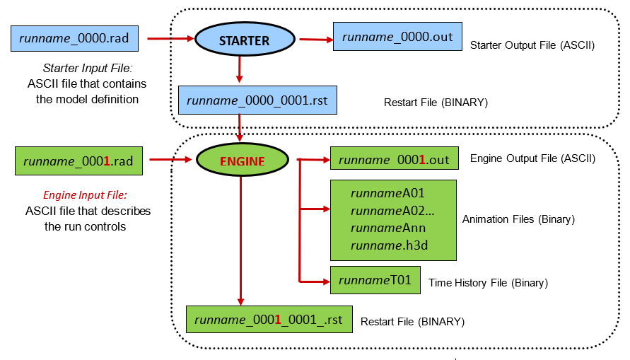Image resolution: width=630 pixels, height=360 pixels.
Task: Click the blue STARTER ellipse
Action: (x=244, y=40)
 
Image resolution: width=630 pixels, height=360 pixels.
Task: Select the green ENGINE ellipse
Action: (x=242, y=161)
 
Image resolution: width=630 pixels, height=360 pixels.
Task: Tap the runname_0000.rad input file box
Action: (x=74, y=38)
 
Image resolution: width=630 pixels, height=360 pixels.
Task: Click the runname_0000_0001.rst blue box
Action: (x=257, y=100)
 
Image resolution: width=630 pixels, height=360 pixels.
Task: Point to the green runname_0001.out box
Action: (x=394, y=160)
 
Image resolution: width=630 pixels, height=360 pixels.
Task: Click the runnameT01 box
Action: (x=375, y=281)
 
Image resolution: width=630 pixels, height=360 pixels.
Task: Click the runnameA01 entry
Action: (x=387, y=192)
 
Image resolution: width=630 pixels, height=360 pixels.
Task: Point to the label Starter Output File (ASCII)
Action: (x=532, y=45)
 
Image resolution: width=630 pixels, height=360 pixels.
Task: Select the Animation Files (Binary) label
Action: (x=518, y=219)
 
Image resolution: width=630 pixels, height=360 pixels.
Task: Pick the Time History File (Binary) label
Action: (x=488, y=283)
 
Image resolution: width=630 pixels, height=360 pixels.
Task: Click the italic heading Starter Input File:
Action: (x=90, y=69)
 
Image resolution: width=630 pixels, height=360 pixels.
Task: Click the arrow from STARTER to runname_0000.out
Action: (x=315, y=39)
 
